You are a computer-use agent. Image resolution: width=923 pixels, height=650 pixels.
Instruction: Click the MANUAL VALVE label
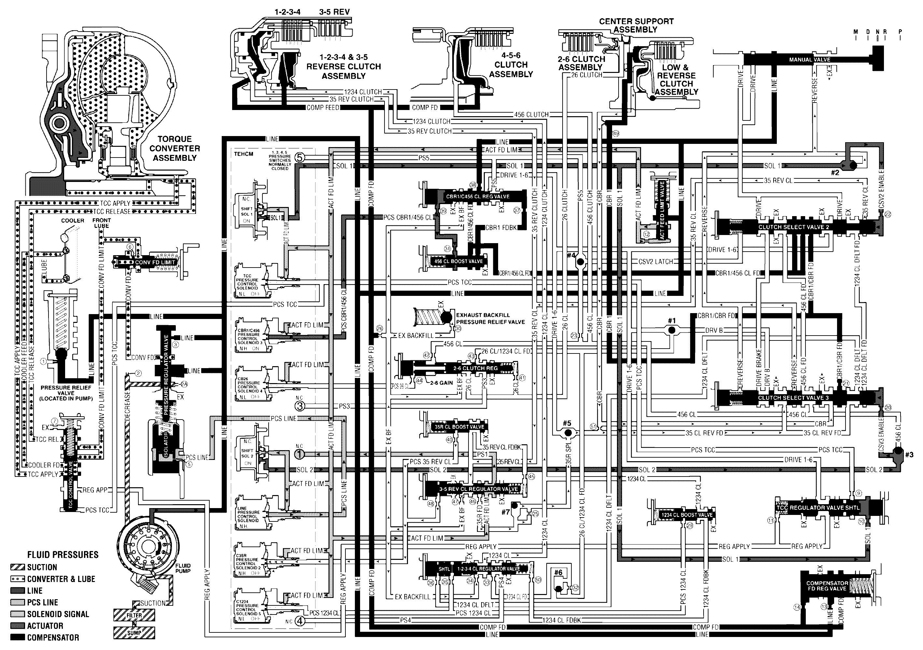pos(809,60)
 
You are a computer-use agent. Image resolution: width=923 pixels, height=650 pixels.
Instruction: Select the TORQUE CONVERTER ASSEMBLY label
pos(175,148)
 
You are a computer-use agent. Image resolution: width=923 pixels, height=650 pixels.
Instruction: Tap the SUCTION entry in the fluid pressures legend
pos(41,567)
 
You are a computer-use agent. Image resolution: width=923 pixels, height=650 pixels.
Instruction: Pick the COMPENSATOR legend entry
pos(53,638)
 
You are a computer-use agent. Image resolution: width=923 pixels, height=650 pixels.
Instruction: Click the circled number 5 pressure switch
pos(300,158)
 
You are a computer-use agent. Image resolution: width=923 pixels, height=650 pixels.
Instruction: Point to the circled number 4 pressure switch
pos(300,621)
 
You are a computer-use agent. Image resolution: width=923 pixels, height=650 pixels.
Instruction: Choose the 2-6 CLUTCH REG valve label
pos(475,368)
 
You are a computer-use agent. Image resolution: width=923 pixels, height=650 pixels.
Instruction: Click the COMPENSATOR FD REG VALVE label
pos(827,586)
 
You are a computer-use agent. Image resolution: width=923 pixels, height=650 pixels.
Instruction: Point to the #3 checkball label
pos(909,455)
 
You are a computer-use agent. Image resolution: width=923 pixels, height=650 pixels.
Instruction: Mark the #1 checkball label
pos(672,321)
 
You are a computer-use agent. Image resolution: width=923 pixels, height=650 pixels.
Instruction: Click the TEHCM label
pos(244,154)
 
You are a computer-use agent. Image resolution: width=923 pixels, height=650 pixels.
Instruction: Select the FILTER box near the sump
pos(134,615)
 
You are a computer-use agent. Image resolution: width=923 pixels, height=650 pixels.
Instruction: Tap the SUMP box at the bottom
pos(134,633)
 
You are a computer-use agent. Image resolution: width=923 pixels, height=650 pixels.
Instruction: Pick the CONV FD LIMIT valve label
pos(155,262)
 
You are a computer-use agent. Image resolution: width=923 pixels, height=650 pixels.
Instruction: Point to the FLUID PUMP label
pos(183,568)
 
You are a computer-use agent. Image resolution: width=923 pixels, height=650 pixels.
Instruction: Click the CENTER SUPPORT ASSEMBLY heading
pos(636,25)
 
